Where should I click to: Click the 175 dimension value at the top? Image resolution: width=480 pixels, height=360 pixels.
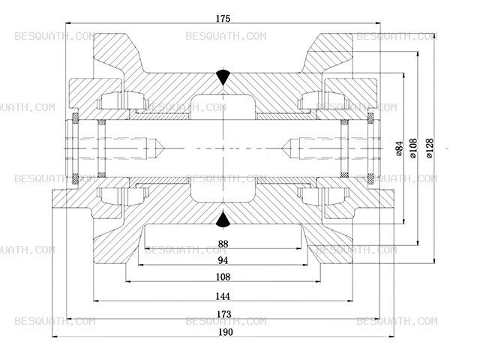[223, 19]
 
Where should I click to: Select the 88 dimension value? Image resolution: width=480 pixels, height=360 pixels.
[223, 244]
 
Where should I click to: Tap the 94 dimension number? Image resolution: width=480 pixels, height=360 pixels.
[223, 260]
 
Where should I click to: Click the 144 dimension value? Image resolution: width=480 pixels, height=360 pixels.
[223, 296]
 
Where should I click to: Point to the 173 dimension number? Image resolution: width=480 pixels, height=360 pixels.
[223, 314]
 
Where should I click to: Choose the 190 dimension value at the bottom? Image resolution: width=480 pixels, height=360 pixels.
[226, 332]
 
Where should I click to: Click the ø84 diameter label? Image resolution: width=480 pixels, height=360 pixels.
[400, 148]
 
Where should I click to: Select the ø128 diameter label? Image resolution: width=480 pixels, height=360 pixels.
[430, 148]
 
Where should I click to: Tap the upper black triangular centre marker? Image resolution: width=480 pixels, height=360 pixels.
[223, 77]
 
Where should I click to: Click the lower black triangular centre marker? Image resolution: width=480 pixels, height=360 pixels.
[223, 220]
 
